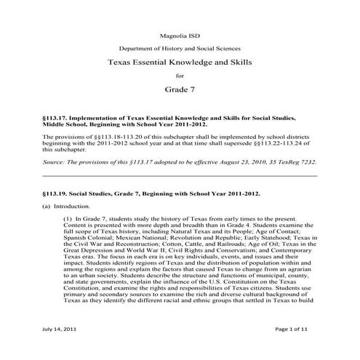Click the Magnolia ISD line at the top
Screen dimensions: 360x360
[x=180, y=34]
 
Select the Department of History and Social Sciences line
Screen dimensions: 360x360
[x=180, y=48]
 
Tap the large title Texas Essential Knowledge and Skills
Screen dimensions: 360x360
[x=180, y=63]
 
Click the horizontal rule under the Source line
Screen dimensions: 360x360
[x=180, y=176]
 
